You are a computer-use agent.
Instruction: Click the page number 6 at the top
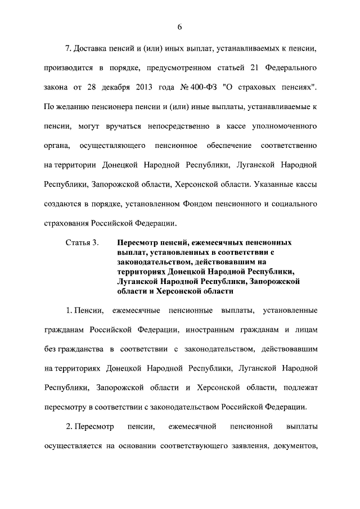point(180,28)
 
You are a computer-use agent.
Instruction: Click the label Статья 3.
point(82,242)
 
